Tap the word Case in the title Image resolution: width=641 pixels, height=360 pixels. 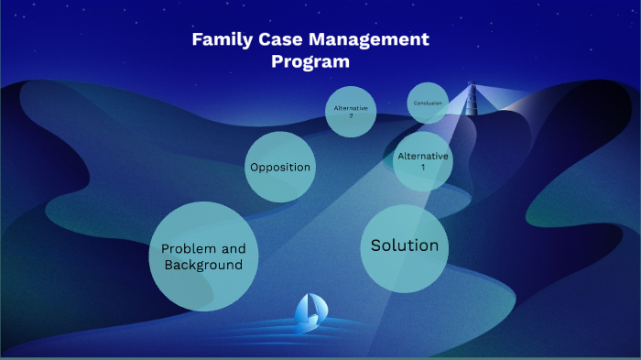click(x=280, y=40)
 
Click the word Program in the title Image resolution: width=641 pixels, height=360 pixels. click(x=310, y=62)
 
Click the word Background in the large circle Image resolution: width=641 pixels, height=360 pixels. click(x=203, y=265)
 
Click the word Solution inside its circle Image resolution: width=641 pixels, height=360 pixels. click(x=404, y=245)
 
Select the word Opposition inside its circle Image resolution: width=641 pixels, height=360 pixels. click(x=280, y=168)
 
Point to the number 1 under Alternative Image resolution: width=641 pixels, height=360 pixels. click(x=423, y=168)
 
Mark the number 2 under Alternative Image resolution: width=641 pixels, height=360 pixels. click(x=352, y=115)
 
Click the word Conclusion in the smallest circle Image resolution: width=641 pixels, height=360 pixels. click(x=428, y=104)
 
